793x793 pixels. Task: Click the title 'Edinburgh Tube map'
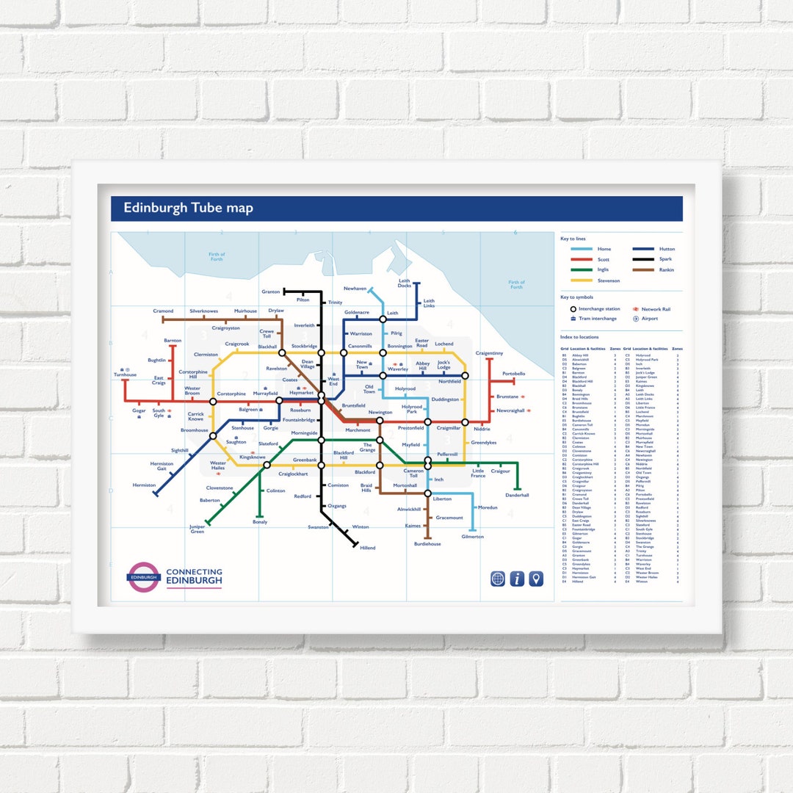188,208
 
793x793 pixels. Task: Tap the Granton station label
270,292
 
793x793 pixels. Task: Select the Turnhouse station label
125,374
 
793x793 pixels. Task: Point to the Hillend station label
367,548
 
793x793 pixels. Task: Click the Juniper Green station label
197,529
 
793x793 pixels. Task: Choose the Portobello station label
513,374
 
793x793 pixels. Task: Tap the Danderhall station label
517,495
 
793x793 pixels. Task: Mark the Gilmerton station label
473,537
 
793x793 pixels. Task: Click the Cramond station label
163,311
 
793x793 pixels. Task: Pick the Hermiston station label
144,485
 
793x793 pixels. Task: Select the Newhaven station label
355,289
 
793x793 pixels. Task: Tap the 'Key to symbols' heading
577,297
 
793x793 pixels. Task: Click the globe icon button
497,579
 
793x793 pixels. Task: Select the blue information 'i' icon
517,579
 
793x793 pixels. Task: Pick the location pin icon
537,579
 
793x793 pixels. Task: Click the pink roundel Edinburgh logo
143,577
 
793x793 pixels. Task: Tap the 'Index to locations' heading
580,336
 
